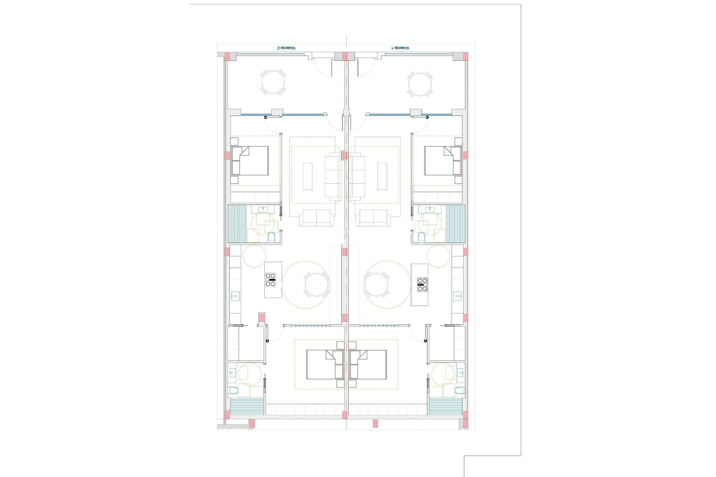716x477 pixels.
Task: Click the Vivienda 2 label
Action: (x=286, y=48)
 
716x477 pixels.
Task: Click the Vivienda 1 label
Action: (x=400, y=48)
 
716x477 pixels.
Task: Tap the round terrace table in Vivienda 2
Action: (x=273, y=82)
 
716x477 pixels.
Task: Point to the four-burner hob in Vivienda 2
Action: (x=270, y=279)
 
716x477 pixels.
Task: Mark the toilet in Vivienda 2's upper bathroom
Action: (x=271, y=237)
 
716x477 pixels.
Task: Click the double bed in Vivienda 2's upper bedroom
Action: (x=250, y=161)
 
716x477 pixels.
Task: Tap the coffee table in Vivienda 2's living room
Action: (x=307, y=176)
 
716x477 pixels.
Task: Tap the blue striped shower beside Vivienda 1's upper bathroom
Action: (x=456, y=224)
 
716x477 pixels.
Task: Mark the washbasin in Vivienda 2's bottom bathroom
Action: (x=232, y=372)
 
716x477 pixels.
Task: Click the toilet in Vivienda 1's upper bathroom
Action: (x=421, y=237)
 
